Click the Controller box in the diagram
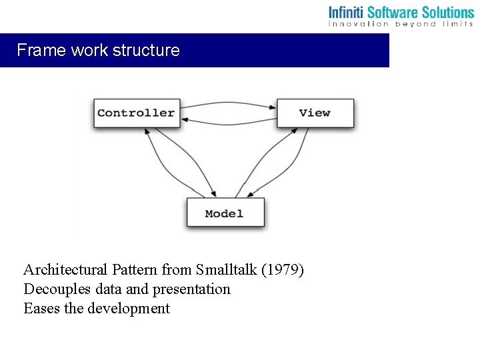coord(136,113)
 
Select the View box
coord(315,113)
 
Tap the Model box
coord(225,213)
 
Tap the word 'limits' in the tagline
coord(456,24)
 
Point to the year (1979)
coord(283,270)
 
